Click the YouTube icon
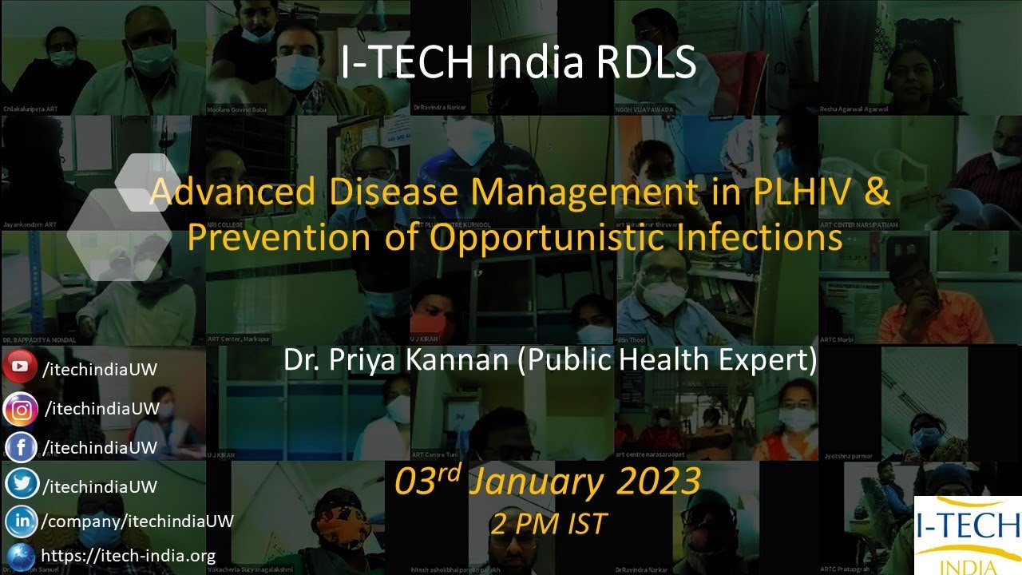tap(20, 367)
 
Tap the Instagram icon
tap(22, 410)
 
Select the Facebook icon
tap(22, 447)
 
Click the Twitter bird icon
tap(22, 485)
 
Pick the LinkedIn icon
tap(22, 521)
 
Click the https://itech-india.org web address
tap(128, 556)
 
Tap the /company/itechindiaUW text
tap(137, 521)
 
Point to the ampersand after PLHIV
tap(879, 194)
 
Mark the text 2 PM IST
tap(549, 524)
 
